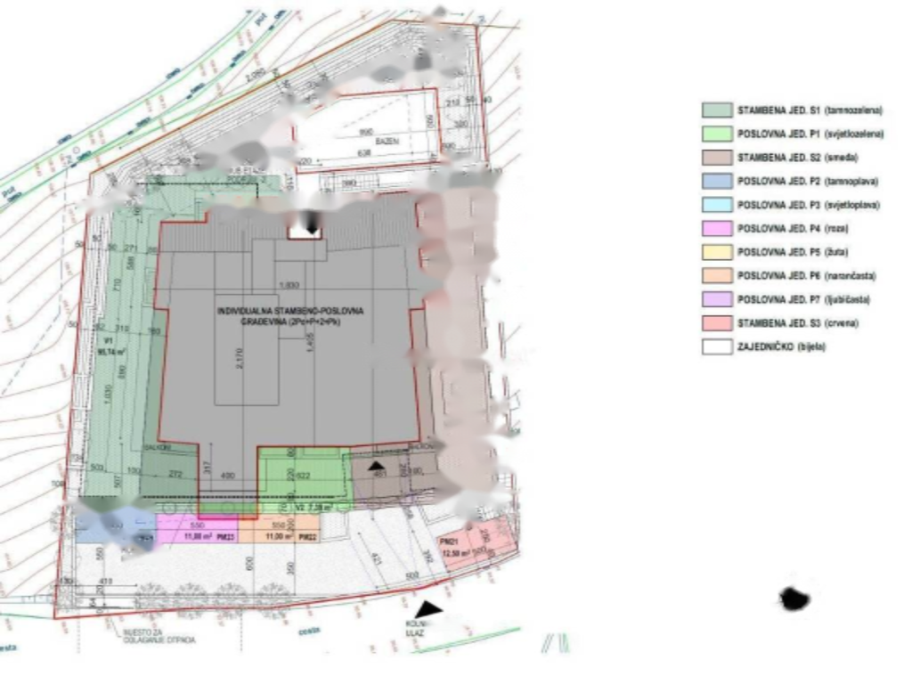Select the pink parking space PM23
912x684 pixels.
tap(197, 531)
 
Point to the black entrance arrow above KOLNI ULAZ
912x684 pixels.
tap(429, 609)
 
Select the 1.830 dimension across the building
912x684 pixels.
tap(289, 285)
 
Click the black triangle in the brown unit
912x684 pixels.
tap(378, 465)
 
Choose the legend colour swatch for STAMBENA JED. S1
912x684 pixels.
tap(716, 110)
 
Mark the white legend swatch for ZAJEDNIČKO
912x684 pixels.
tap(716, 346)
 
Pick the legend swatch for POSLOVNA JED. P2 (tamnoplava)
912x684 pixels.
tap(716, 181)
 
